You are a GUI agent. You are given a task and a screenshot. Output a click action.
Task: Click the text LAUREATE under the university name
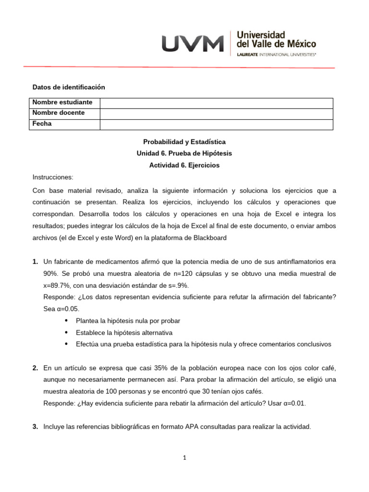247,55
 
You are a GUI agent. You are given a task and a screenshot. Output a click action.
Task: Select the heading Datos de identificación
68,87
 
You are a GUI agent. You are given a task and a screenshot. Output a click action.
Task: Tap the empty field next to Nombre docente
216,113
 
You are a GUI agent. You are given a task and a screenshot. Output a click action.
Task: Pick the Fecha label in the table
42,124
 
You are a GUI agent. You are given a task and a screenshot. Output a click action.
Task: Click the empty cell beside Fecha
216,124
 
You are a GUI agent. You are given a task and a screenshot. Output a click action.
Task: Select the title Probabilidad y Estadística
184,142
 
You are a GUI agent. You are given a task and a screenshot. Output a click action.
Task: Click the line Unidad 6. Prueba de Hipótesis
184,154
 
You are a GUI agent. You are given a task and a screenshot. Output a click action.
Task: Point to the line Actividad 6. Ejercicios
184,165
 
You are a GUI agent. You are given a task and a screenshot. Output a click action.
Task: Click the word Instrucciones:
53,177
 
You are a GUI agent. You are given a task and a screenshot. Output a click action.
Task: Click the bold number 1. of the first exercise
35,262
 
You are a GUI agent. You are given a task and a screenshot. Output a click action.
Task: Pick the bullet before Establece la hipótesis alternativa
65,332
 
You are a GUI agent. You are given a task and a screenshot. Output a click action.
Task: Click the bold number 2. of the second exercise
35,368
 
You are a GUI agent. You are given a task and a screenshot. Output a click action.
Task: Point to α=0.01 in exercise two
292,403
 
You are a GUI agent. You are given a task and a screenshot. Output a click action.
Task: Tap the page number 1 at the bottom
184,458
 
